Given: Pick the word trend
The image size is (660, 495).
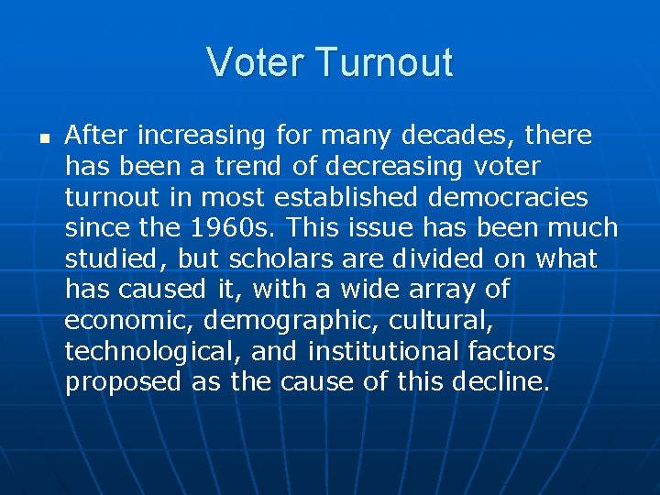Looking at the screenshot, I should pos(251,167).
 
